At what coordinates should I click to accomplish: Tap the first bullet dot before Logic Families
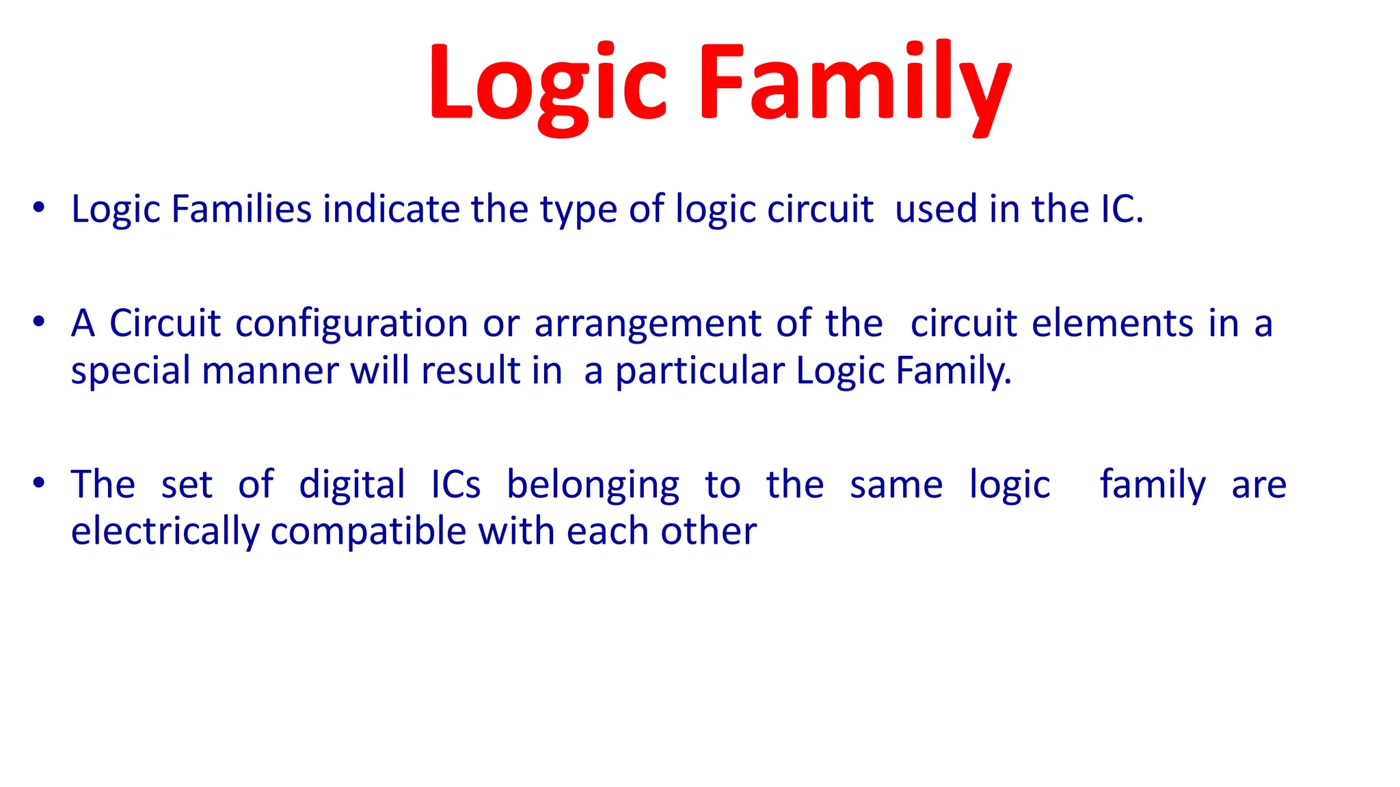(39, 207)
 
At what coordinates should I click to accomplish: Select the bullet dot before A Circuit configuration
(39, 321)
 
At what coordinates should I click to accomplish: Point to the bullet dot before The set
(39, 483)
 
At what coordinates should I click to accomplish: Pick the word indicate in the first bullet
(391, 209)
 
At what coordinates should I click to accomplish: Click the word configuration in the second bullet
(351, 324)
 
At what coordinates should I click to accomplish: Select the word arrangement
(647, 324)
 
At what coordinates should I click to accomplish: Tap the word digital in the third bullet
(352, 486)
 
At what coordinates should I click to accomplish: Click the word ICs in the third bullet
(456, 486)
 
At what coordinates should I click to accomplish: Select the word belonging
(593, 486)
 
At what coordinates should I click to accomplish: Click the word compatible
(368, 532)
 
